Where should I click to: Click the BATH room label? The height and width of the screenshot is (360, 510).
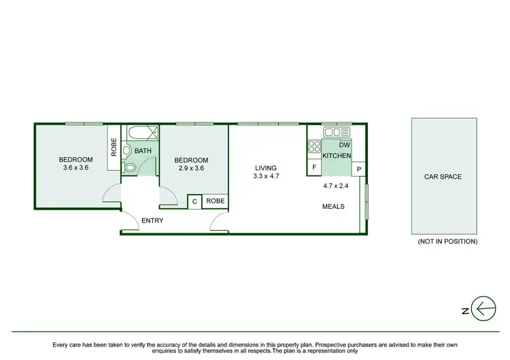point(143,151)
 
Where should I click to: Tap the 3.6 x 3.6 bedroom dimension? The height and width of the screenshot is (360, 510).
point(76,167)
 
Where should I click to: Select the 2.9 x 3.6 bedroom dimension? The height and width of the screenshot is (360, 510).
point(191,167)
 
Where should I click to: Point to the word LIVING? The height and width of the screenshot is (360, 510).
point(265,167)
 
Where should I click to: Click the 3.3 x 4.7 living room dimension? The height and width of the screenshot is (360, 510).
point(265,176)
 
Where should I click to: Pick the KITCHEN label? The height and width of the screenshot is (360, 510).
point(337,156)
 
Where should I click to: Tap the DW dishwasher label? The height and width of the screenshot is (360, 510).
point(344,145)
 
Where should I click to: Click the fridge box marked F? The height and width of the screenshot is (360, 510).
point(314,166)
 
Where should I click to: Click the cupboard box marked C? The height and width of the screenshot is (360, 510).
point(194,201)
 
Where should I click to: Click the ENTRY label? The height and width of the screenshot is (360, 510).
point(152,220)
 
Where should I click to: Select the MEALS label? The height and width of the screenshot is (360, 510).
point(333,206)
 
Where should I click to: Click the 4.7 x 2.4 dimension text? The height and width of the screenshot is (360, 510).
point(336,184)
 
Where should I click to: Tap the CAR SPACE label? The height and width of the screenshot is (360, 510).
point(443,177)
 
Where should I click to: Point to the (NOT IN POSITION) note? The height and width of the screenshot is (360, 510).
point(447,242)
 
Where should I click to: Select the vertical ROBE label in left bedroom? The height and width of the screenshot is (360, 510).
point(114,148)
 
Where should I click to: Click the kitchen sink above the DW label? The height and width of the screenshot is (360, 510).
point(337,131)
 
